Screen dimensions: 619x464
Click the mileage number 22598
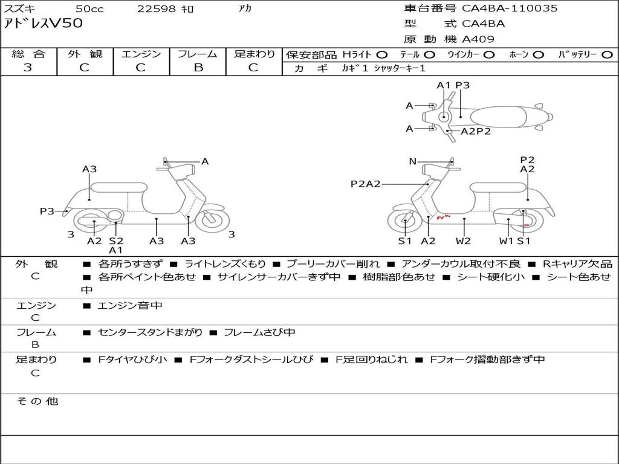tap(156, 8)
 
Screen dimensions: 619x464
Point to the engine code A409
tap(478, 39)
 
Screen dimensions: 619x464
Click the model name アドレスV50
tap(44, 24)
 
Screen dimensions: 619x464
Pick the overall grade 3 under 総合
tap(28, 68)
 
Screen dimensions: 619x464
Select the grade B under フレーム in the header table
tap(198, 68)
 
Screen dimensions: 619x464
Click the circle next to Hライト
tap(382, 55)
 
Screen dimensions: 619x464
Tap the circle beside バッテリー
tap(607, 55)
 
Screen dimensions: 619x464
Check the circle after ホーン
tap(538, 55)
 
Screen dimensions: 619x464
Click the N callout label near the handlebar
tap(413, 161)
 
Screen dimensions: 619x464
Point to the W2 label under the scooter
tap(463, 241)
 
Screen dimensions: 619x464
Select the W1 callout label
tap(506, 241)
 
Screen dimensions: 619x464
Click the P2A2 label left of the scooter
tap(366, 184)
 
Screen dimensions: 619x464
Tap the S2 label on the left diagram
tap(116, 241)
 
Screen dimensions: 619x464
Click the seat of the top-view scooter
tap(501, 116)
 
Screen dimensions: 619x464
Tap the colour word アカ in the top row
tap(245, 8)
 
